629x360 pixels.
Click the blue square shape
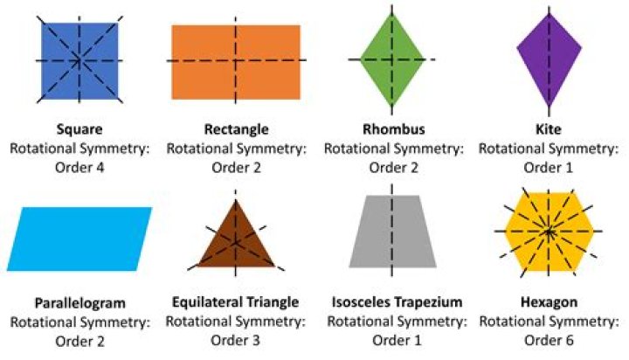point(79,59)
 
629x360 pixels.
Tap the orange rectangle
point(236,61)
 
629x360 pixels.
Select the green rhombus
point(391,59)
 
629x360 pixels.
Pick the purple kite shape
point(550,59)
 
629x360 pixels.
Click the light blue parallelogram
point(79,239)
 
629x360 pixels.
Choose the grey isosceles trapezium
point(393,237)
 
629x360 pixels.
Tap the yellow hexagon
point(549,232)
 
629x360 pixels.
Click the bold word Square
point(79,130)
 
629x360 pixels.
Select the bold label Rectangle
point(236,130)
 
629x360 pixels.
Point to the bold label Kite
point(550,130)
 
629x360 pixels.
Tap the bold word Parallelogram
point(79,303)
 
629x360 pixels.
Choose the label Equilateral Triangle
point(236,302)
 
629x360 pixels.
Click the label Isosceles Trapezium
point(393,302)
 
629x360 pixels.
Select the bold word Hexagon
point(550,302)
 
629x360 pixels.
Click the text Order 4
point(79,167)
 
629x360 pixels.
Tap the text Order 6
point(550,340)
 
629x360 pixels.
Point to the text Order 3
point(236,340)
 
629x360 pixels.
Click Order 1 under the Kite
point(550,167)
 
